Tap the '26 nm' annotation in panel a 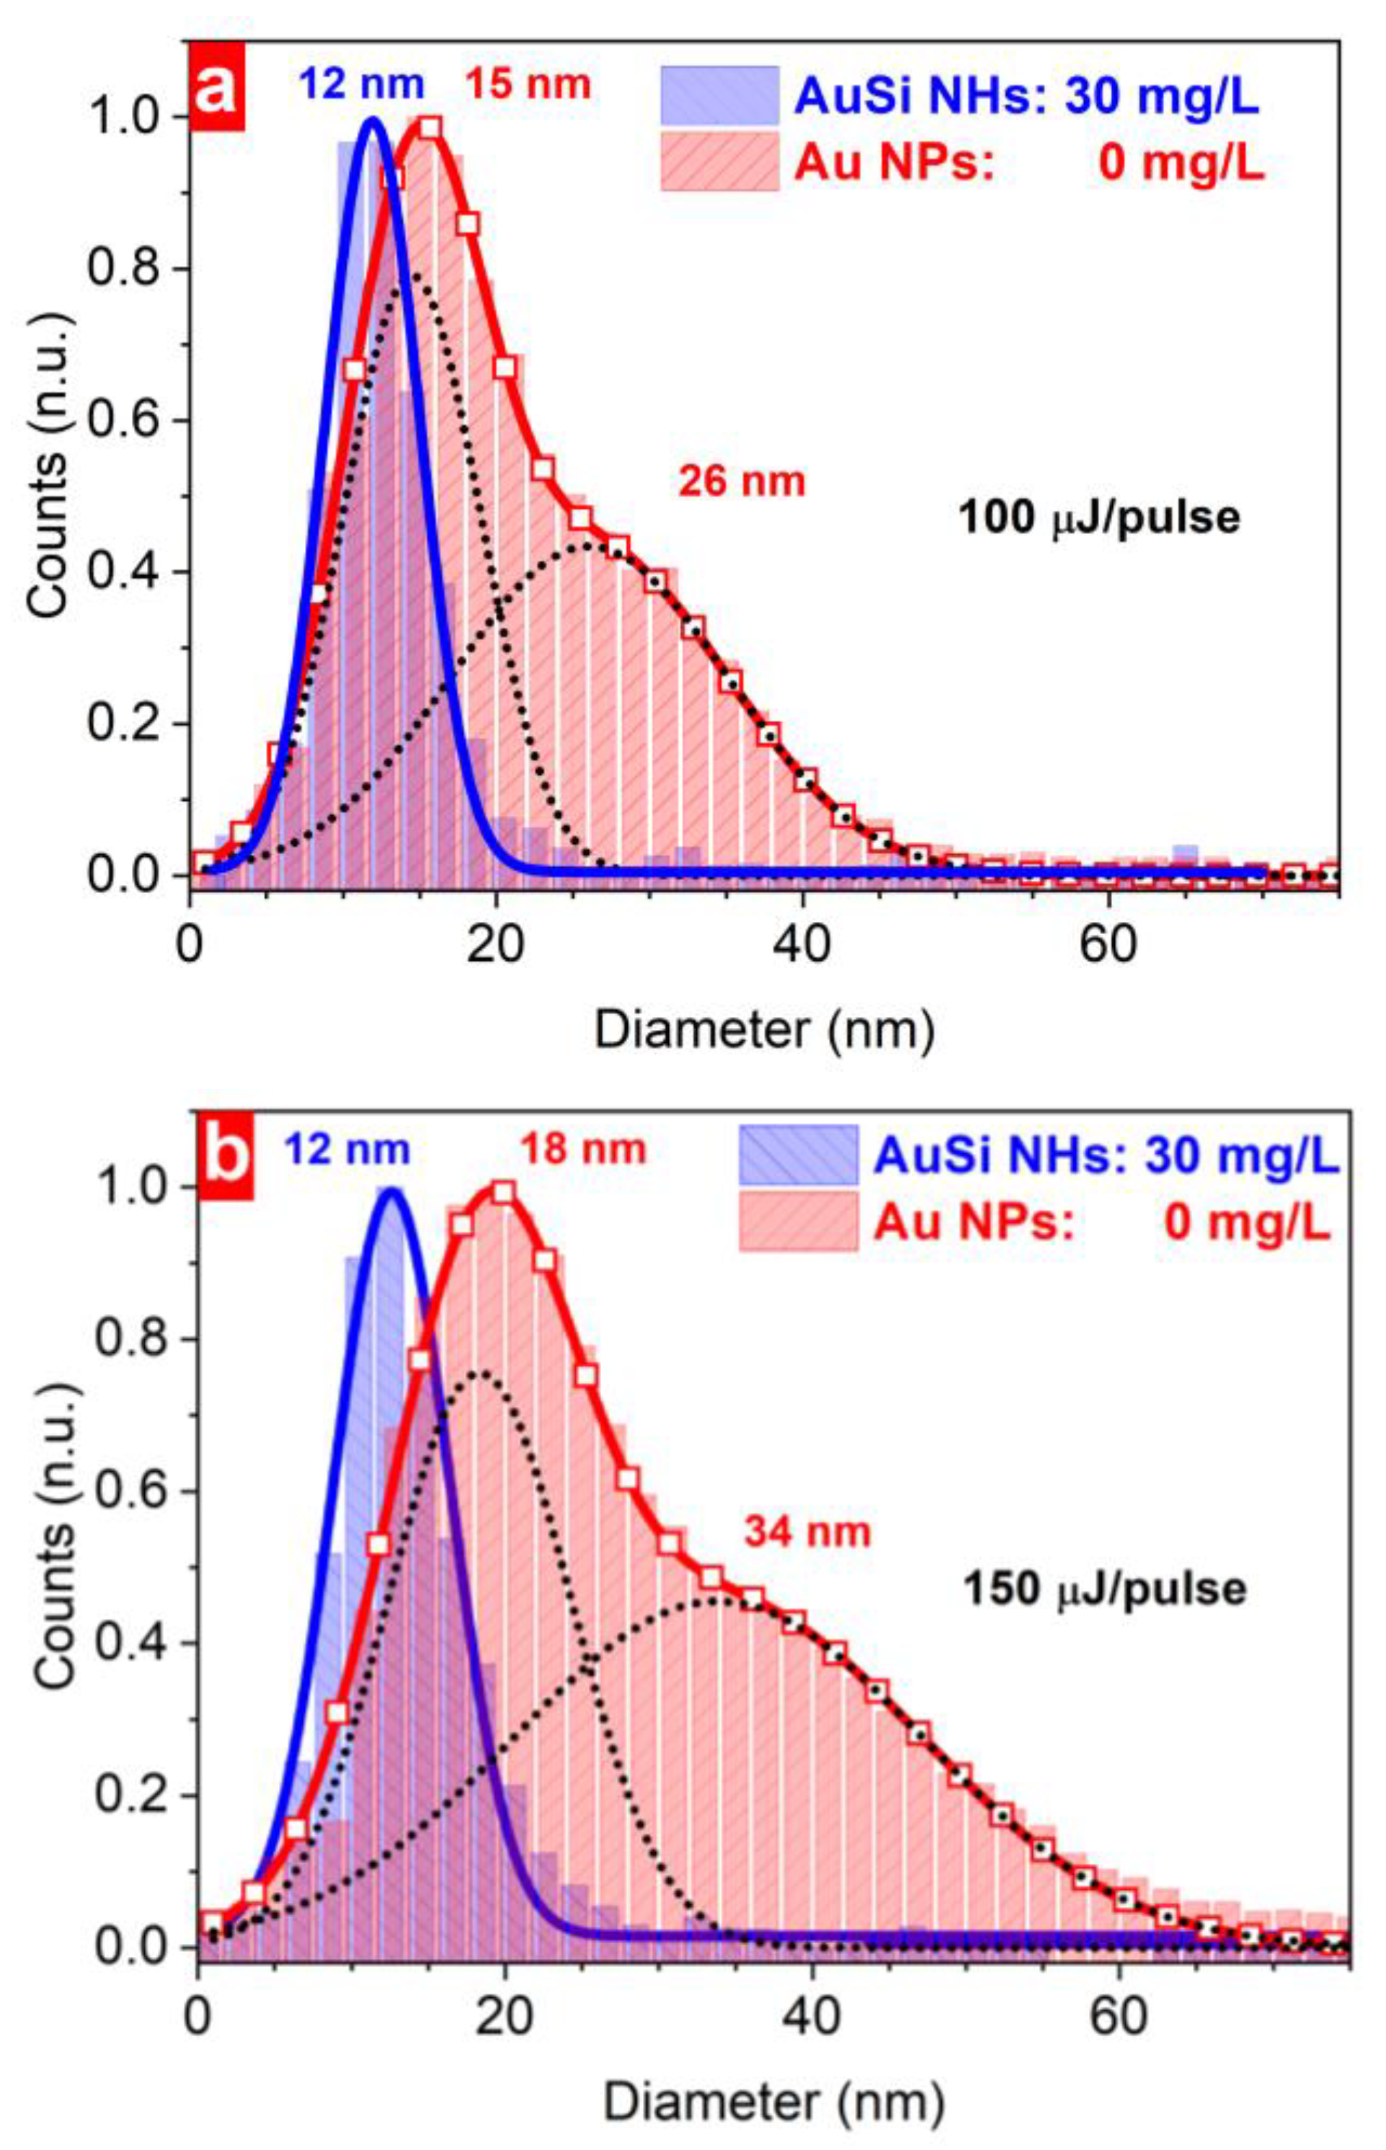tap(742, 481)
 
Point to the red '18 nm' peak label tap(582, 1150)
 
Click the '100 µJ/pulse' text tap(1099, 518)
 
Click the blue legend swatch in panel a tap(719, 95)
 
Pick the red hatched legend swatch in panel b tap(797, 1221)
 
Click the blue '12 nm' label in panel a tap(361, 84)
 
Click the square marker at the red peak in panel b tap(503, 1192)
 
